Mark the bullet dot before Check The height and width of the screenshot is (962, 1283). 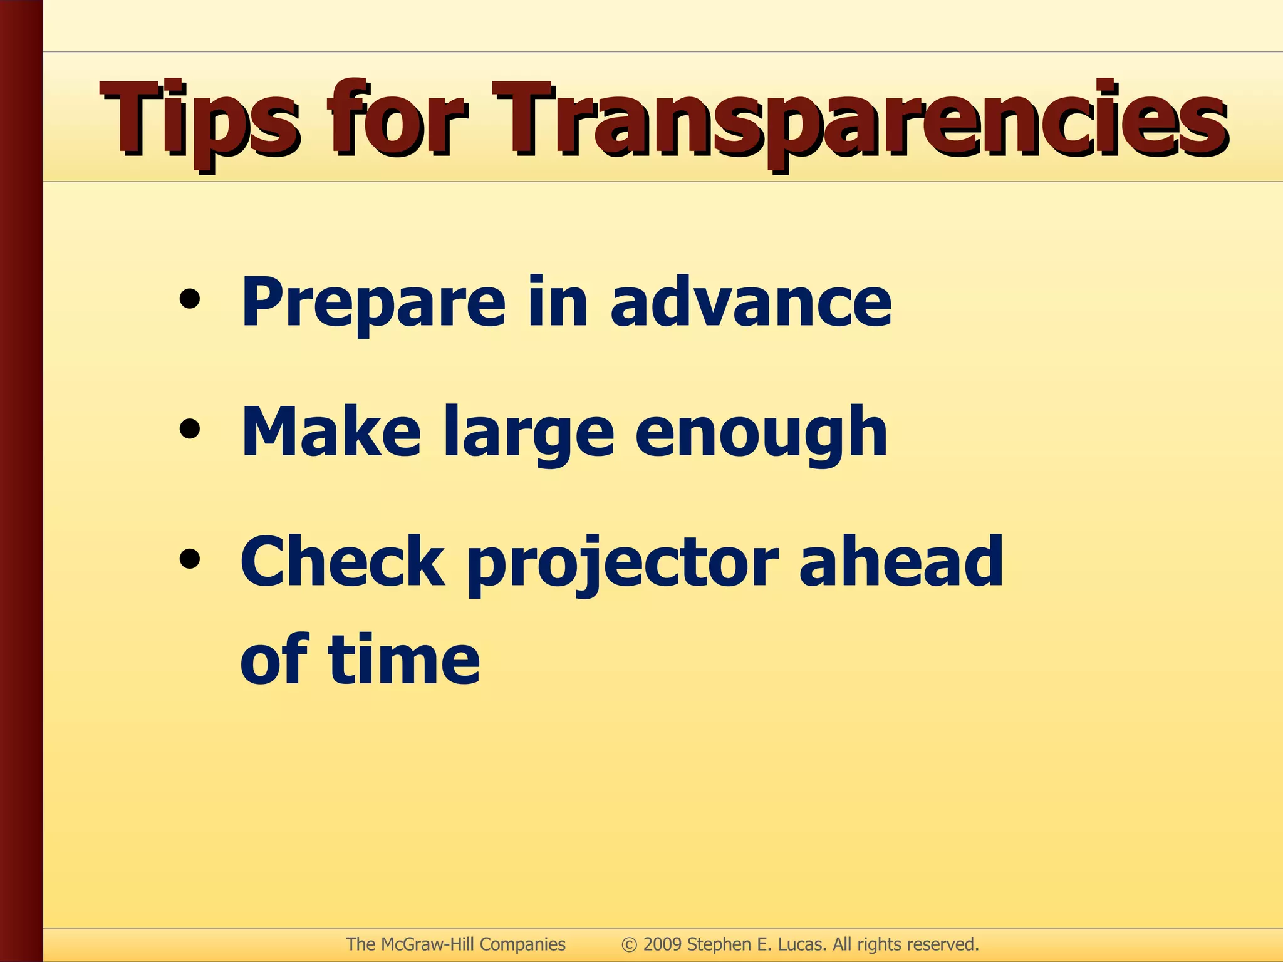click(189, 559)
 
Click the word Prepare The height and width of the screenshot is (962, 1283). click(373, 304)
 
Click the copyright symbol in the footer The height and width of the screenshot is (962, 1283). click(629, 944)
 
